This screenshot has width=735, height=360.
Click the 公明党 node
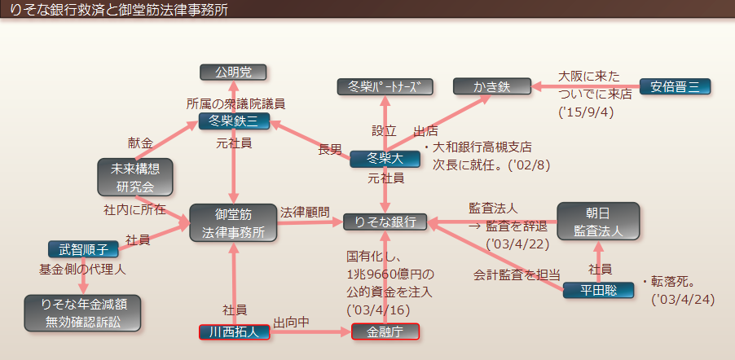tap(234, 72)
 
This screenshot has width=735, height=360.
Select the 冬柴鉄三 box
tap(234, 122)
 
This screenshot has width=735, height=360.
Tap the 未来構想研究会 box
tap(135, 178)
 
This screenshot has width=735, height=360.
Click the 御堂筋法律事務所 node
tap(233, 222)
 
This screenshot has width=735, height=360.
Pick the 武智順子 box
tap(83, 248)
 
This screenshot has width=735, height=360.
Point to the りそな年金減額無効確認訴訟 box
tap(83, 313)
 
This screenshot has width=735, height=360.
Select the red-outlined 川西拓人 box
tap(234, 331)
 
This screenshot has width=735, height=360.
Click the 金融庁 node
tap(385, 331)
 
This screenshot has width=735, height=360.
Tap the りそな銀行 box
tap(385, 222)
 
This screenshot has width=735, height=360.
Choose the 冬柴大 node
tap(385, 159)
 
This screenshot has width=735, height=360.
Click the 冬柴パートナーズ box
tap(385, 86)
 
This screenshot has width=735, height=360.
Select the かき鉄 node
tap(491, 86)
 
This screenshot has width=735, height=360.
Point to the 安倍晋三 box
tap(675, 86)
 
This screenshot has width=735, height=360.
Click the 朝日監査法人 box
tap(599, 221)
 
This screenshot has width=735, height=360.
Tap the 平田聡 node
tap(598, 289)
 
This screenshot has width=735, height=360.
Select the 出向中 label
tap(292, 322)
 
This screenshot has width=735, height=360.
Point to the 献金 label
tap(140, 143)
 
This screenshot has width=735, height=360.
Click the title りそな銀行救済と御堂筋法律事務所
tap(122, 8)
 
